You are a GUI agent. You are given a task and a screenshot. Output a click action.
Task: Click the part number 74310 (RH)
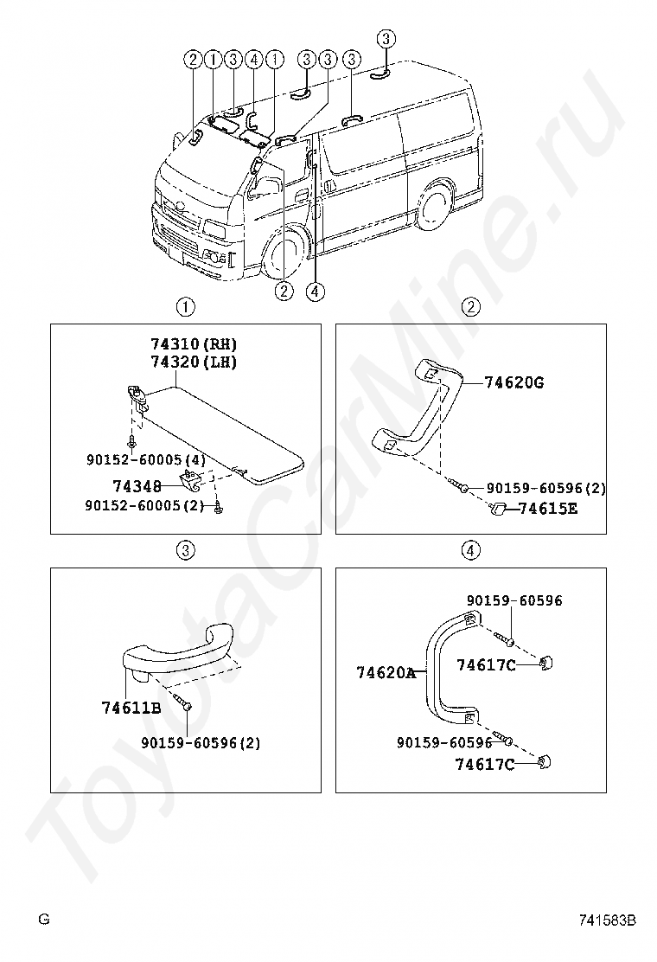(194, 343)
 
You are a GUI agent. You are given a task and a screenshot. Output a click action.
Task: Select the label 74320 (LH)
(194, 362)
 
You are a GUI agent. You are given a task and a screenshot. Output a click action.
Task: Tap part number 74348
(137, 486)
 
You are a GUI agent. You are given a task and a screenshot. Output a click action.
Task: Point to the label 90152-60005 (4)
(146, 459)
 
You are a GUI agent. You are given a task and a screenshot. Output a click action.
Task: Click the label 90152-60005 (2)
(144, 505)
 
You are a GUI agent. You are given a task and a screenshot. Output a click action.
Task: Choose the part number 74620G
(514, 383)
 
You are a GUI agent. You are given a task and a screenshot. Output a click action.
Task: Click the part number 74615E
(548, 509)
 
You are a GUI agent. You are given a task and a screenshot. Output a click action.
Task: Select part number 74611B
(131, 708)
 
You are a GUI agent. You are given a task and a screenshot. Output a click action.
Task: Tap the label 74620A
(386, 673)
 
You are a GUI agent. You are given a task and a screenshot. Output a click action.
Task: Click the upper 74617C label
(486, 665)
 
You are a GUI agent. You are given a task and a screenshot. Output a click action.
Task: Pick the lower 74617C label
(484, 765)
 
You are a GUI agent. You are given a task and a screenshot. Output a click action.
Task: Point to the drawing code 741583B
(608, 920)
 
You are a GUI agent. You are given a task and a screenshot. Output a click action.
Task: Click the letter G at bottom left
(43, 919)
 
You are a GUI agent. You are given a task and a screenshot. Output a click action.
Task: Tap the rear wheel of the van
(435, 204)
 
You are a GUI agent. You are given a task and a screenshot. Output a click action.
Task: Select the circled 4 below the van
(315, 291)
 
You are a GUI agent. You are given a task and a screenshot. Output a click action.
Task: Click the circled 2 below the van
(284, 291)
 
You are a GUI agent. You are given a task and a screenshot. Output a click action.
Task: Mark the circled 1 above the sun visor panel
(186, 307)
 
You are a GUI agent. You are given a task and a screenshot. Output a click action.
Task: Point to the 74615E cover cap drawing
(499, 508)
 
